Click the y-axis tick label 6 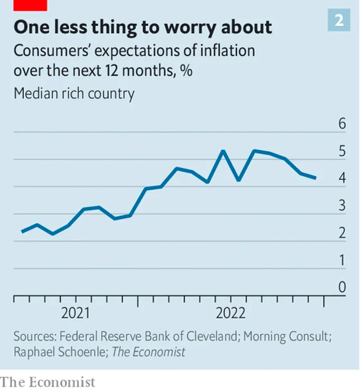341,124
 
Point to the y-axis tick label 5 341,151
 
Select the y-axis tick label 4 341,178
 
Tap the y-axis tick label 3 341,206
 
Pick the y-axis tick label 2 341,233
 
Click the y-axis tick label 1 341,260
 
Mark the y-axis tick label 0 341,287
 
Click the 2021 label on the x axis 75,313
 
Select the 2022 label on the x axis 230,313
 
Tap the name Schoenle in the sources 76,353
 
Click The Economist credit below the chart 48,382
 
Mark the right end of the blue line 316,178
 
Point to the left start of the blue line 22,231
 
